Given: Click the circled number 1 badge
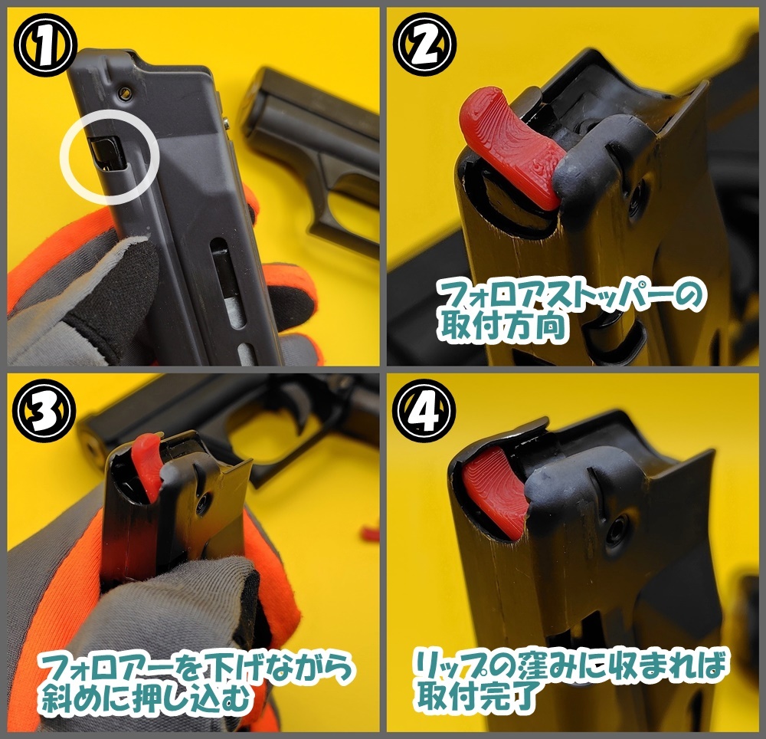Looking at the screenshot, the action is [x=45, y=45].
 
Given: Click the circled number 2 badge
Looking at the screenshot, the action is [x=424, y=45].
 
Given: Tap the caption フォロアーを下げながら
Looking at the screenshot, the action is [x=195, y=668].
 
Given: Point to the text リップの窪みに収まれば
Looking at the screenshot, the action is [x=570, y=665].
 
